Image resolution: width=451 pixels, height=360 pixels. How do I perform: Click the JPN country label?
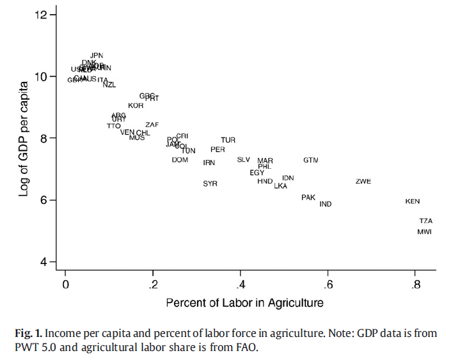[97, 56]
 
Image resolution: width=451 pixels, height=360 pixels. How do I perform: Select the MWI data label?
[425, 231]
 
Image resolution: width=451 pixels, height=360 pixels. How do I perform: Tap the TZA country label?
[426, 221]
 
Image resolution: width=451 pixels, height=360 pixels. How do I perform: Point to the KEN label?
[413, 201]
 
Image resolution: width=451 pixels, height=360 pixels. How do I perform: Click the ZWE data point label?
[363, 182]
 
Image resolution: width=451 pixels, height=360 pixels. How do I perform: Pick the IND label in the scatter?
[326, 204]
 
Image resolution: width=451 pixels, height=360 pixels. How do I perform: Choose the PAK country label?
[308, 198]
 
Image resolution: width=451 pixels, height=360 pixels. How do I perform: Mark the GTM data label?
[311, 160]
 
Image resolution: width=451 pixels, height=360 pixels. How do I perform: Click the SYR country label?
[210, 184]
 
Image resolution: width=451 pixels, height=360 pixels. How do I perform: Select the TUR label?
[228, 140]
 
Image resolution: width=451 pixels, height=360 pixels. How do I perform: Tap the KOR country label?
[136, 106]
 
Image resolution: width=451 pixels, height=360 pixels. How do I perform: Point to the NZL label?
[109, 84]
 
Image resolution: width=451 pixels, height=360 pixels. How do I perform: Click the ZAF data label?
[152, 125]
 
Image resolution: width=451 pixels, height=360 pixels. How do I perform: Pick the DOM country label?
[180, 160]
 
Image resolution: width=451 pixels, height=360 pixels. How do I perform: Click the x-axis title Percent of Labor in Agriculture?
[244, 302]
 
